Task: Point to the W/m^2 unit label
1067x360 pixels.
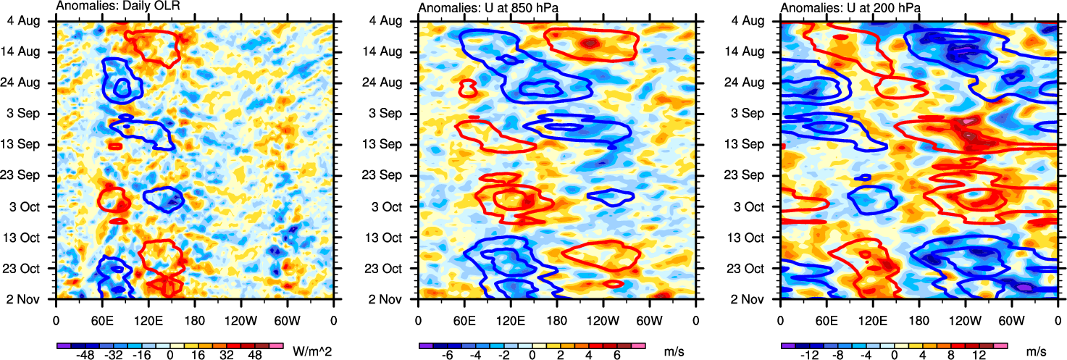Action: tap(312, 351)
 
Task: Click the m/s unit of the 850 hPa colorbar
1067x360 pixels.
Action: tap(674, 351)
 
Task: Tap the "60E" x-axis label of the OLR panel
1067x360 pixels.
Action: tap(102, 319)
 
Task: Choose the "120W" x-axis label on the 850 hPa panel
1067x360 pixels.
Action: tap(603, 319)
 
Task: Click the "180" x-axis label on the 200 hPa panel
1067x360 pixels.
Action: tap(919, 319)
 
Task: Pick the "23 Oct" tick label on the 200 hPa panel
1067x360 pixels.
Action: tap(750, 268)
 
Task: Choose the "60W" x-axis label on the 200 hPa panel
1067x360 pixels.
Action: tap(1012, 319)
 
